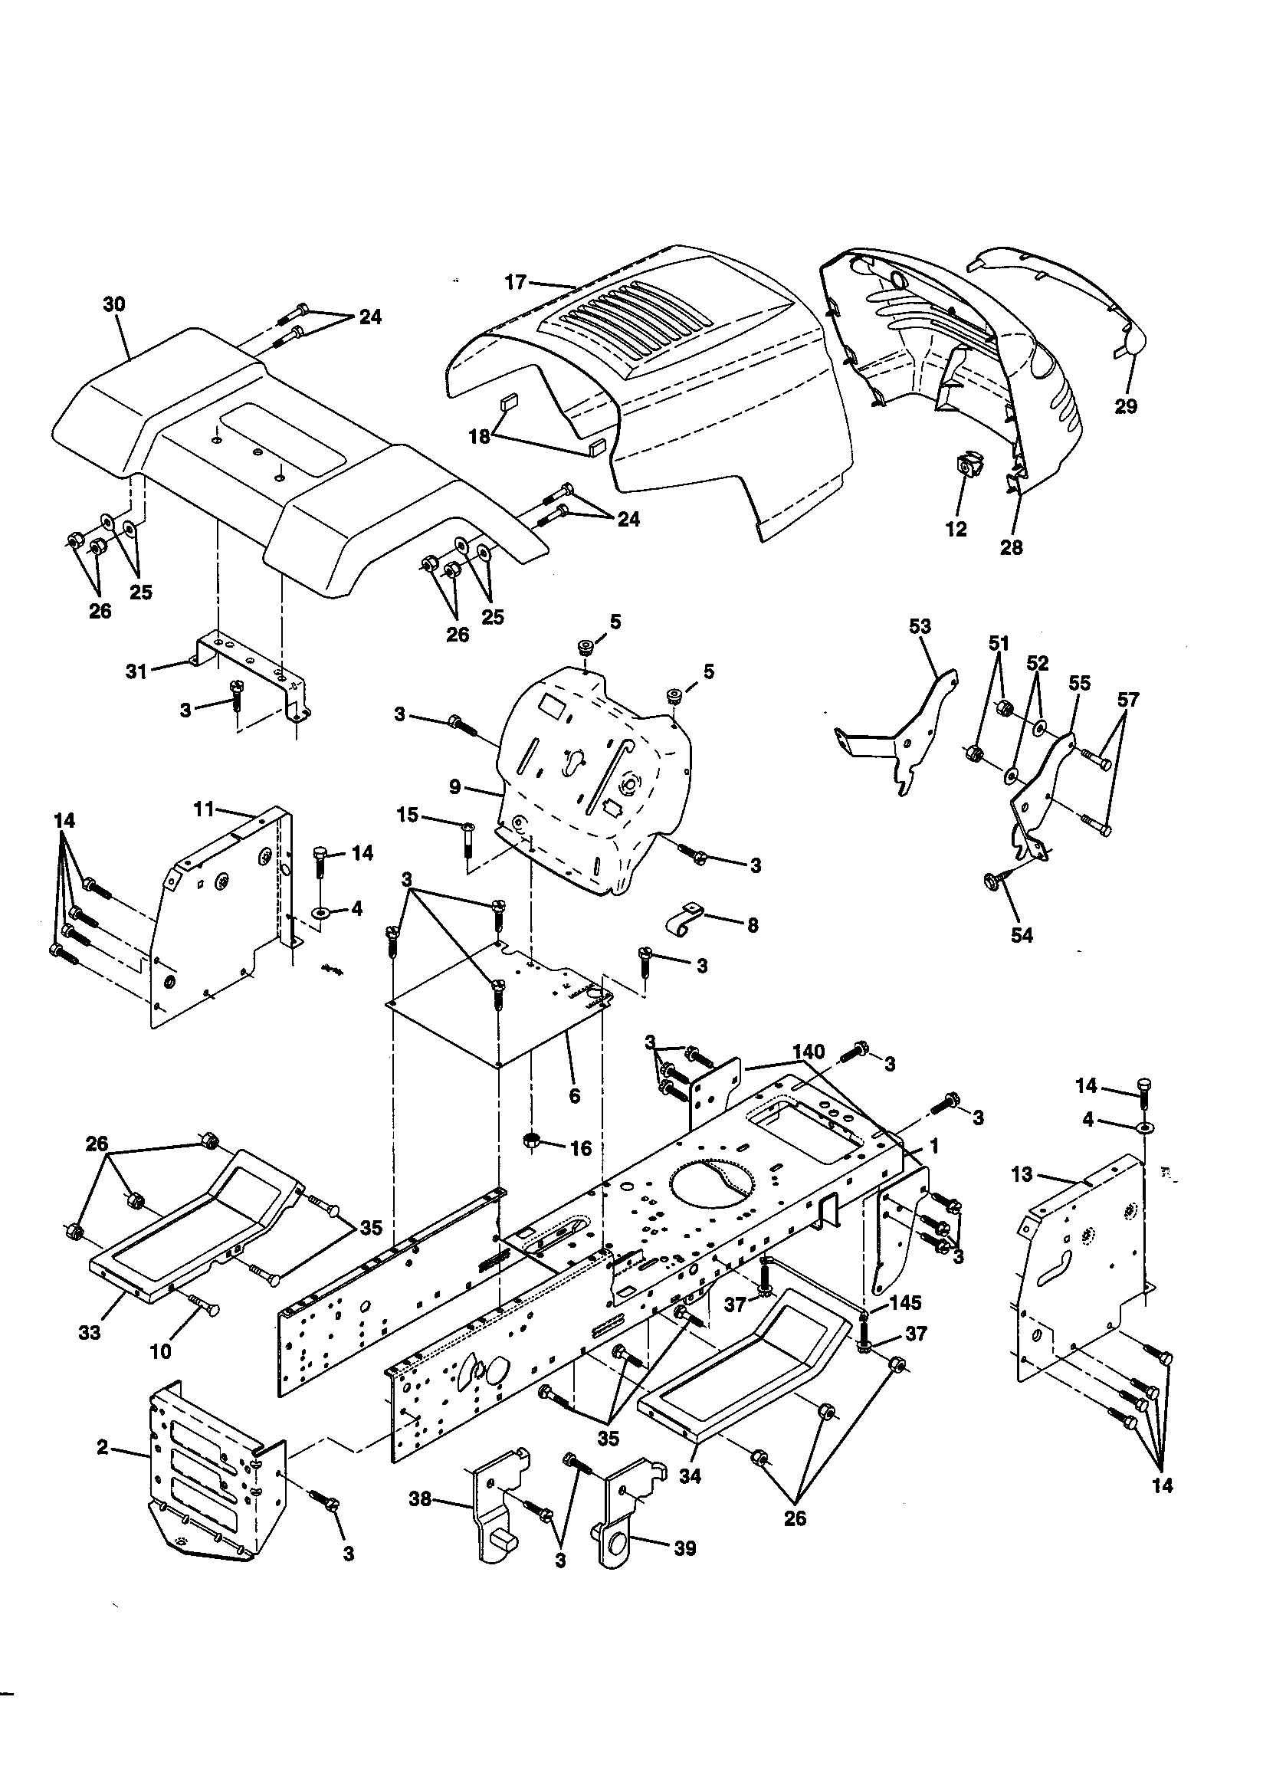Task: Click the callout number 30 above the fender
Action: [x=114, y=304]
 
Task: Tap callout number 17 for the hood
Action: [x=515, y=282]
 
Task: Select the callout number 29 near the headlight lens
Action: [x=1126, y=406]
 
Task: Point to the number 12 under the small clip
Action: [x=956, y=529]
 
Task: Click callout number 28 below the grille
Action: [x=1011, y=547]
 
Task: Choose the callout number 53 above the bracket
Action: [x=920, y=626]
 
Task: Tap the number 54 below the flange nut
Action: [x=1021, y=935]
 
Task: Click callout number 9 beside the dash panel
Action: [x=455, y=787]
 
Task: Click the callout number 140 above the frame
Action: [x=808, y=1052]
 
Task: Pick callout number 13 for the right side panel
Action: [x=1022, y=1174]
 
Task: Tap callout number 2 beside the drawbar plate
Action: [x=102, y=1447]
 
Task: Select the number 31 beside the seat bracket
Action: [x=136, y=671]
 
